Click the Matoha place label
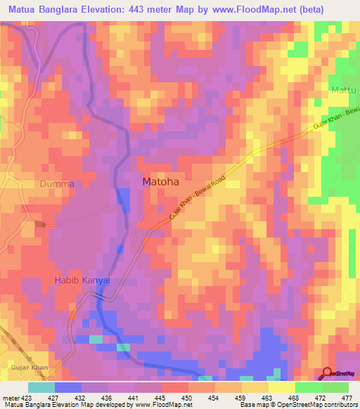[x=160, y=181]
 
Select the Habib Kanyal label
[x=83, y=280]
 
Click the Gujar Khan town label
[x=30, y=368]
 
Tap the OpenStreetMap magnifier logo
[x=328, y=373]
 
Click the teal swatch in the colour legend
[x=41, y=387]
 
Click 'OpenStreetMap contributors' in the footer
[x=317, y=405]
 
